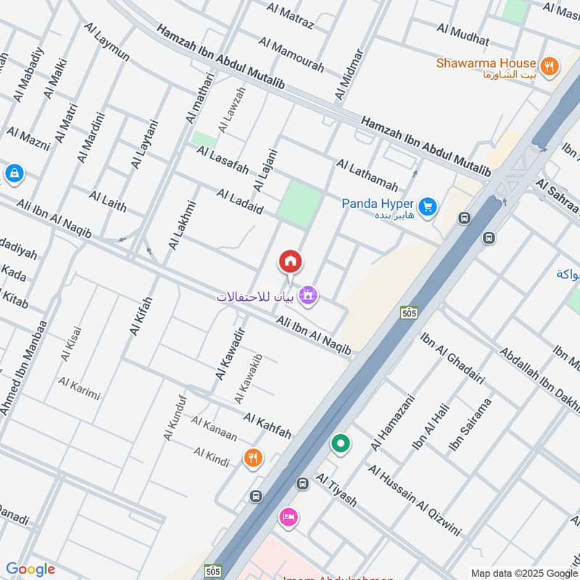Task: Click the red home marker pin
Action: tap(290, 262)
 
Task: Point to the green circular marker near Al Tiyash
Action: tap(339, 442)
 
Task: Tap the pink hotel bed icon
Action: tap(287, 518)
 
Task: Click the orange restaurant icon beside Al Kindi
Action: tap(253, 457)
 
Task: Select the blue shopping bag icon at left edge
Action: tap(13, 173)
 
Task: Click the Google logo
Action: tap(30, 569)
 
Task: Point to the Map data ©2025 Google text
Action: tap(523, 572)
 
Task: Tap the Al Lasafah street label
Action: tap(223, 161)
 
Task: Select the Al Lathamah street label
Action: tap(367, 175)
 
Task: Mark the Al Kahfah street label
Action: tap(267, 426)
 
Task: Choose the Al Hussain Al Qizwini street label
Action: tap(414, 500)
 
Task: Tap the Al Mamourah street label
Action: tap(291, 55)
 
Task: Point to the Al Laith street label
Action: tap(107, 201)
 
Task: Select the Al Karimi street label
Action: tap(79, 389)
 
